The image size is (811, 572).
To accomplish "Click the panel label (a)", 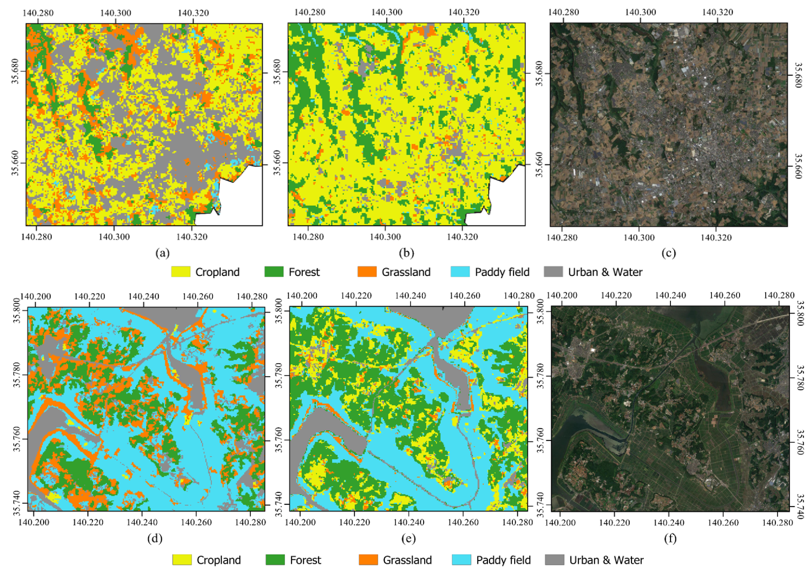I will [163, 253].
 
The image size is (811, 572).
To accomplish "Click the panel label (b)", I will [406, 253].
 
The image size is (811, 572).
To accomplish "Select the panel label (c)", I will [669, 253].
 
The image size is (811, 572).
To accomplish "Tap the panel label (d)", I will [155, 539].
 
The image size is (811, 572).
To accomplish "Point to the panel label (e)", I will [408, 539].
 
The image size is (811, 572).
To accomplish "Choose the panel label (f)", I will [670, 539].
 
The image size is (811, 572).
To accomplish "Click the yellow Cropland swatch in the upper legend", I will [181, 272].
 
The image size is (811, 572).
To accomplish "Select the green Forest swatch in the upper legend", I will [274, 272].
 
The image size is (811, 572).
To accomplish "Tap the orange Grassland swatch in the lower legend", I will [368, 560].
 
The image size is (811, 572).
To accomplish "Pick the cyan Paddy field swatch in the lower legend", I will [461, 560].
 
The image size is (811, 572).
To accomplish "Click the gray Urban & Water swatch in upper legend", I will [553, 272].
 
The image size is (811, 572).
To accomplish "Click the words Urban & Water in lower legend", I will [606, 560].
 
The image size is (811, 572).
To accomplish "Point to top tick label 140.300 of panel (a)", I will [116, 13].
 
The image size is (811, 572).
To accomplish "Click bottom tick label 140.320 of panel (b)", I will [462, 237].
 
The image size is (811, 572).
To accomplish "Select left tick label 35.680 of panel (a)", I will [15, 71].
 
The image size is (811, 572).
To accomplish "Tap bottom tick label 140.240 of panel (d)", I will [142, 522].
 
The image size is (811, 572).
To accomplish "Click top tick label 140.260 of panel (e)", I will [465, 296].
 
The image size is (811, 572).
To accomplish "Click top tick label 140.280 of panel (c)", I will [564, 12].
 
